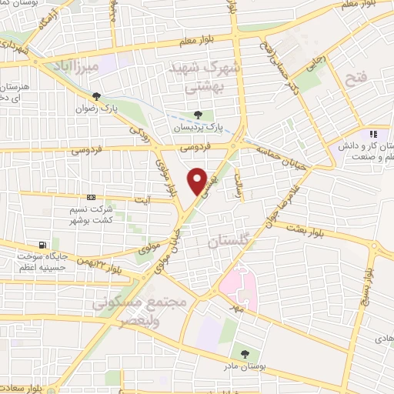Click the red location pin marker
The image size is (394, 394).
[198, 181]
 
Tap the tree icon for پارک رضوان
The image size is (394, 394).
[96, 96]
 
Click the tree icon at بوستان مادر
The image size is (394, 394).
[245, 353]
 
